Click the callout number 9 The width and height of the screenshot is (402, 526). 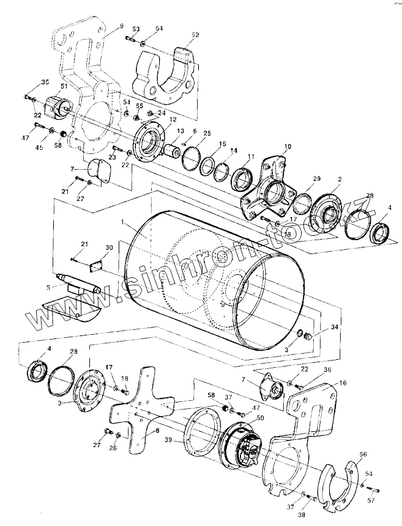[121, 26]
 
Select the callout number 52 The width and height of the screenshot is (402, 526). [195, 35]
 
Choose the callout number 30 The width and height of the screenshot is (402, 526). [109, 247]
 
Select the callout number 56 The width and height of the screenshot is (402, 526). [363, 455]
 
